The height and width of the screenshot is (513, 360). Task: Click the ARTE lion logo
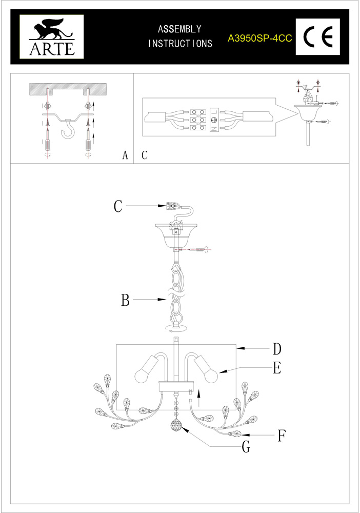coord(47,36)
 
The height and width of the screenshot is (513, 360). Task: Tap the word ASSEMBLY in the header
coord(179,30)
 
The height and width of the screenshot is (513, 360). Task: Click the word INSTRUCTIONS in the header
coord(180,44)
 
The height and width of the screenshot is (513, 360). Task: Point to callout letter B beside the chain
coord(125,300)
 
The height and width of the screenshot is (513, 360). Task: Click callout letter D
coord(277,349)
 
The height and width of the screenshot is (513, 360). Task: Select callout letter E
coord(277,368)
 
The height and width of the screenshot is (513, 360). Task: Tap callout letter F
coord(281,436)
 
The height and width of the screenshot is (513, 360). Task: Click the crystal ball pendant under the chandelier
coord(177,426)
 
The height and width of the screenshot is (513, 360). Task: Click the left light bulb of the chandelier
coord(142,376)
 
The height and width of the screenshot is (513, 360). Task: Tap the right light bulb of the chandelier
coord(211,376)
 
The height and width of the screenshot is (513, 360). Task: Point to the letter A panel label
coord(125,155)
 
